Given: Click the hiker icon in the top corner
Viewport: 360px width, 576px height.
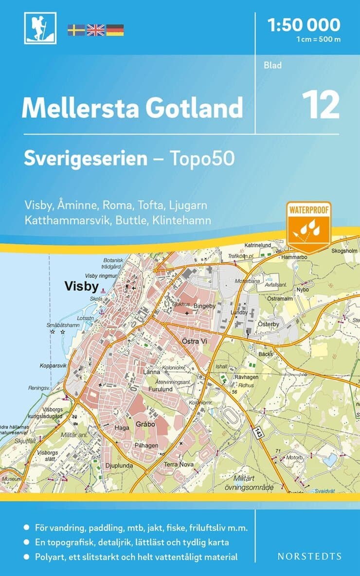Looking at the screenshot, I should click(x=40, y=28).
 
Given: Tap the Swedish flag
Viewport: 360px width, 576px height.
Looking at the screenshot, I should click(x=76, y=30).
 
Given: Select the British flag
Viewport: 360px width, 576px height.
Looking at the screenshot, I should click(x=95, y=30).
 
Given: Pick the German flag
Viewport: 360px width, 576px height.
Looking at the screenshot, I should click(x=115, y=30).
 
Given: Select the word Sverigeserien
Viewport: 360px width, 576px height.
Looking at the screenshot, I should click(x=85, y=158).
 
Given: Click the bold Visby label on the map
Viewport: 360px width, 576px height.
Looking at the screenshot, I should click(x=81, y=286).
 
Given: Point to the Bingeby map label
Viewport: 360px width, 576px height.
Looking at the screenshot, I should click(x=204, y=306).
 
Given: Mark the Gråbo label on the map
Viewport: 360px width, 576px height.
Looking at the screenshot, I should click(x=145, y=424).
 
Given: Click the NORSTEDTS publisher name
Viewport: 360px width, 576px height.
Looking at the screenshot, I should click(x=309, y=556).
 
